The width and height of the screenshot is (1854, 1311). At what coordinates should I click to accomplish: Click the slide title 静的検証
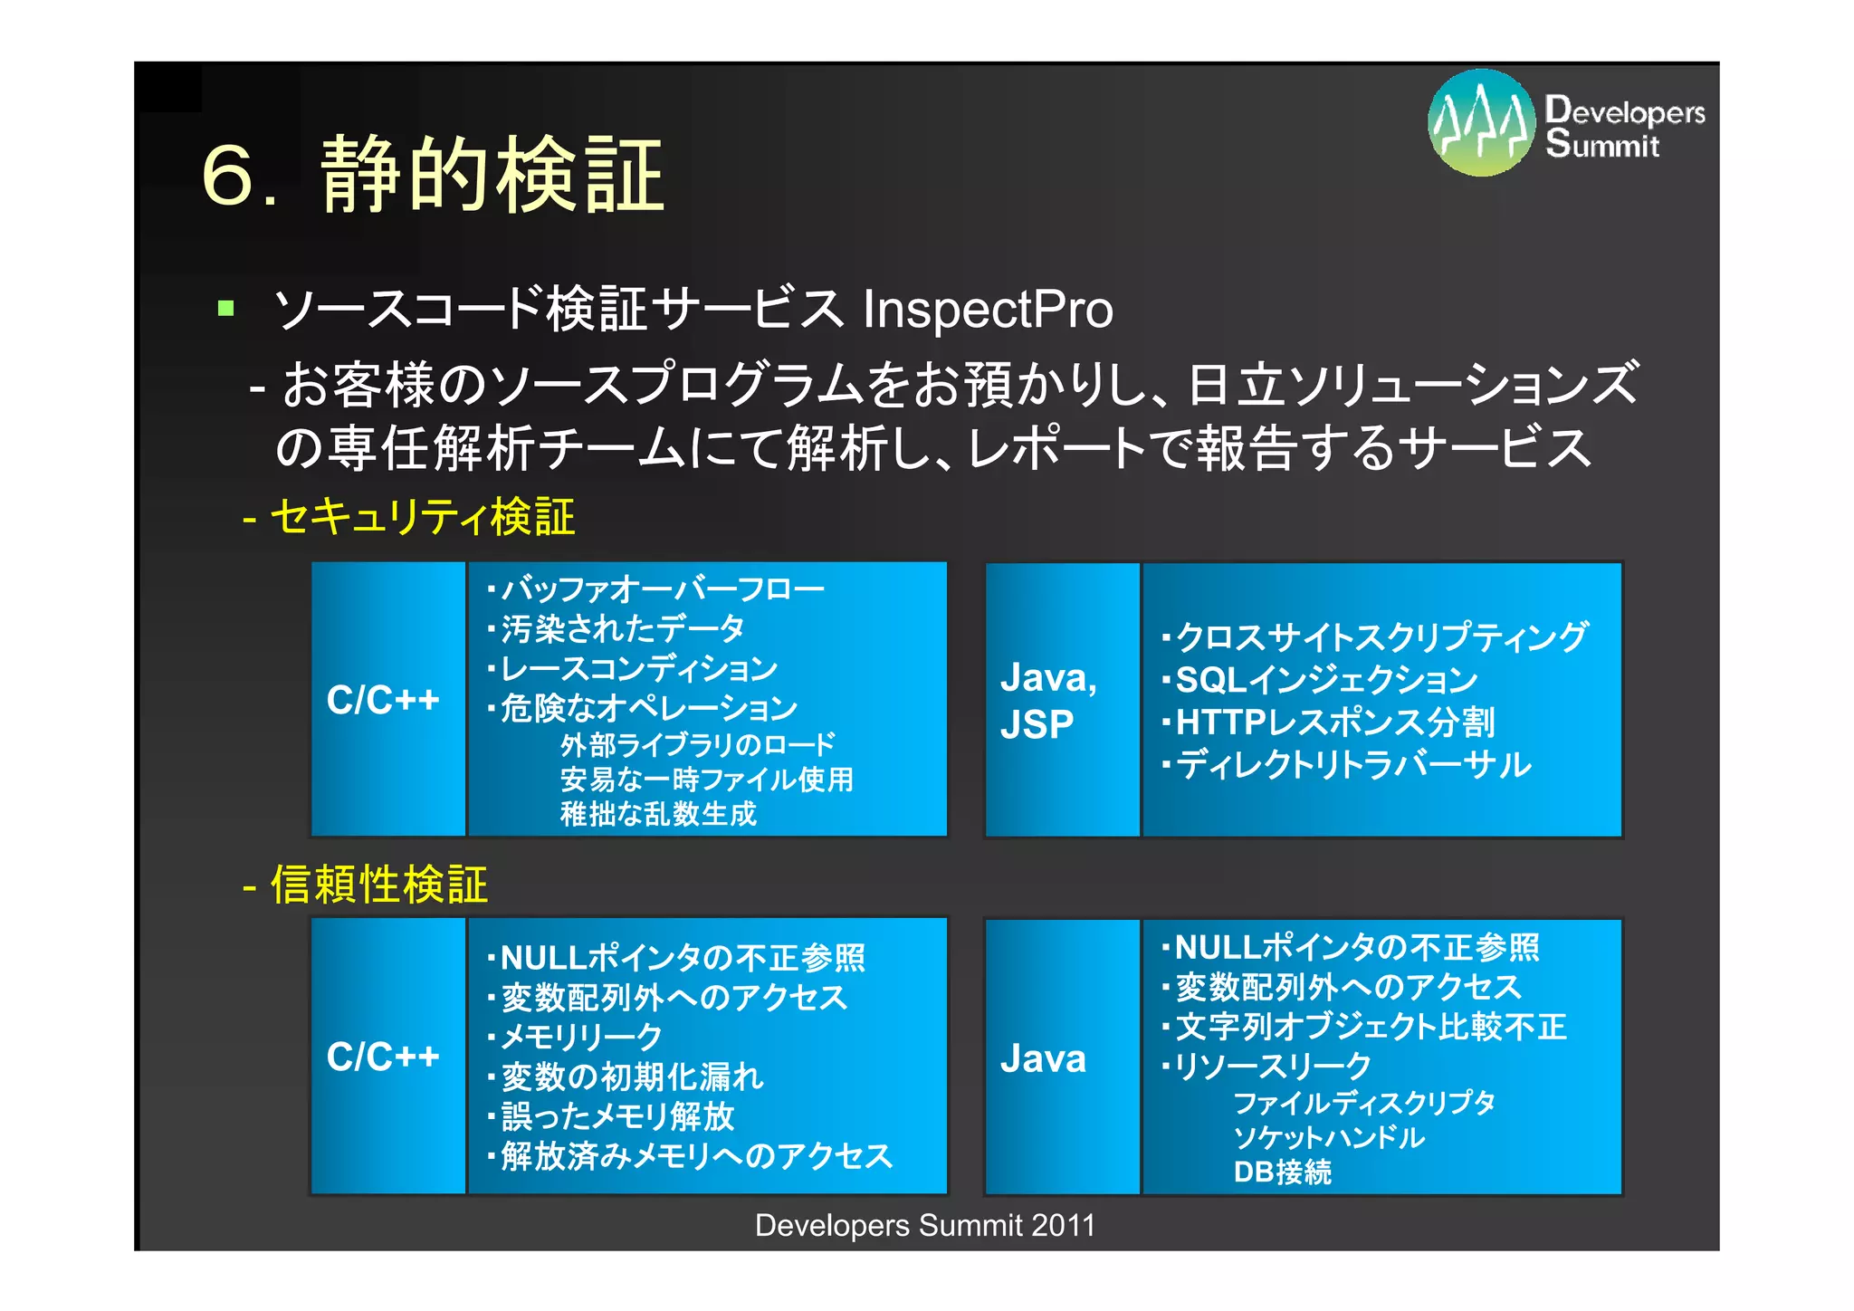pos(493,175)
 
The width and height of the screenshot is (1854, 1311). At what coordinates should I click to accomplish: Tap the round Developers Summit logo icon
pos(1481,122)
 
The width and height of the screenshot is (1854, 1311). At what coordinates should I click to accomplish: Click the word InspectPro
pos(988,310)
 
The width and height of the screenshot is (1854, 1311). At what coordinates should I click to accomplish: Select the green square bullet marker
pos(226,310)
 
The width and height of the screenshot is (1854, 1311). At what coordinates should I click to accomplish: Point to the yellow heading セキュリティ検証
pos(421,518)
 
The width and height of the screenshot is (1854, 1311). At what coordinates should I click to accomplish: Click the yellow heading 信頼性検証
pos(378,885)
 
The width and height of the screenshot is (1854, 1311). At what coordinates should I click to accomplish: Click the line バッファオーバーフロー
pos(661,589)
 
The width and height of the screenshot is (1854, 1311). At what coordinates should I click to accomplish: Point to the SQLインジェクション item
pos(1325,679)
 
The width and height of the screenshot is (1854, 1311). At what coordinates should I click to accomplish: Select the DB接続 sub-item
pos(1282,1172)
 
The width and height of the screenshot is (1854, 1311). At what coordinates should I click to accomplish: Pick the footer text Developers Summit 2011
pos(925,1225)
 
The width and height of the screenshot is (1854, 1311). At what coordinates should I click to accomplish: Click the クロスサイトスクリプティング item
pos(1381,636)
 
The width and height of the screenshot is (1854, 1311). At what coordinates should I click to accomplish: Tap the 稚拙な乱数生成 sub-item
pos(658,814)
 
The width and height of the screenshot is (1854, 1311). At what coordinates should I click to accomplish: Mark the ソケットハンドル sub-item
pos(1328,1137)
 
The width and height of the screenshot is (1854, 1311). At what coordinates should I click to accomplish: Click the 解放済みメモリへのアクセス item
pos(695,1156)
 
